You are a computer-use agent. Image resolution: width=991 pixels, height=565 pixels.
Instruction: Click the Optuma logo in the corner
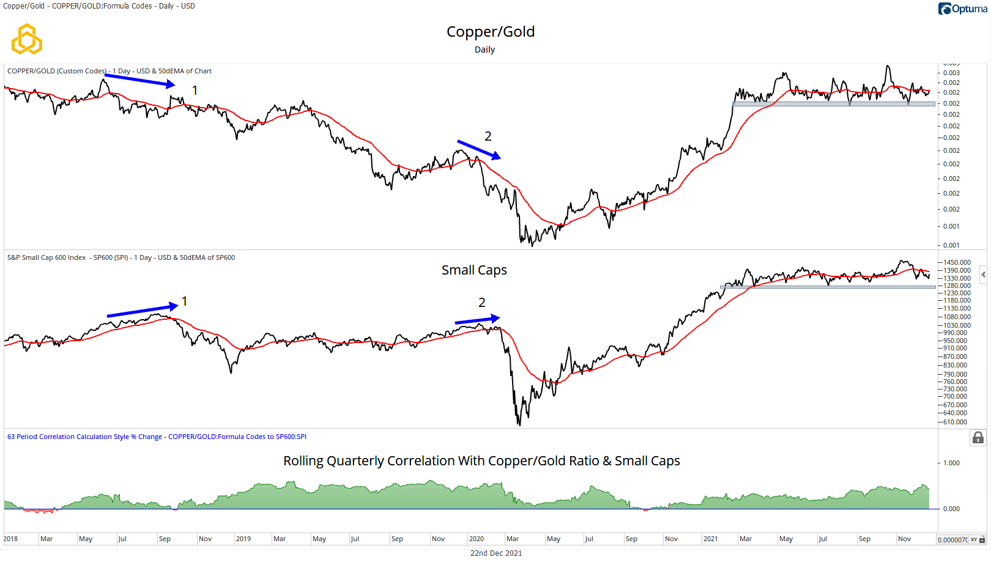pyautogui.click(x=962, y=9)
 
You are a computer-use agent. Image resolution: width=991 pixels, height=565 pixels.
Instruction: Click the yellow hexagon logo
pyautogui.click(x=27, y=40)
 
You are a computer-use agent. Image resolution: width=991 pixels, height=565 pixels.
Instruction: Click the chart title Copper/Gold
pyautogui.click(x=490, y=32)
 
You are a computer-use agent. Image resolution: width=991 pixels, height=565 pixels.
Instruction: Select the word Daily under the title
pyautogui.click(x=484, y=50)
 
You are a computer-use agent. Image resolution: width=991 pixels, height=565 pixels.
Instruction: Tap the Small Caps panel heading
pyautogui.click(x=474, y=270)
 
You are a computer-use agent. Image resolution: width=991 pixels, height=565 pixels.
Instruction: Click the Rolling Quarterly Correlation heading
pyautogui.click(x=481, y=461)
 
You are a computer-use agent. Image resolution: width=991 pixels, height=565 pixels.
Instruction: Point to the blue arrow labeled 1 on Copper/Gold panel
pyautogui.click(x=139, y=80)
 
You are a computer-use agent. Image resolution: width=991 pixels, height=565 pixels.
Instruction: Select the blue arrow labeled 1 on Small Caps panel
pyautogui.click(x=142, y=311)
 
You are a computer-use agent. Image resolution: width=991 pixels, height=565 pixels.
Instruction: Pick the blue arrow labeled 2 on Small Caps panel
pyautogui.click(x=477, y=320)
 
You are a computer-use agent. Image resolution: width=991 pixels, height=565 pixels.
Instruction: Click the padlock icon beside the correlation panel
pyautogui.click(x=978, y=438)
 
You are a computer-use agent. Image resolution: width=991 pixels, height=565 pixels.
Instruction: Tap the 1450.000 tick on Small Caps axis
pyautogui.click(x=957, y=262)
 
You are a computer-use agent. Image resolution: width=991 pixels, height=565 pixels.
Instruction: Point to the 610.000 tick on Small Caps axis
pyautogui.click(x=956, y=422)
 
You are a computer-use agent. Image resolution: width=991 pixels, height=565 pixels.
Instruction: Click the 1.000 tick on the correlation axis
pyautogui.click(x=951, y=463)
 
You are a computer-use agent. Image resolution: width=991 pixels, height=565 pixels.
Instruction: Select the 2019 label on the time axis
pyautogui.click(x=243, y=539)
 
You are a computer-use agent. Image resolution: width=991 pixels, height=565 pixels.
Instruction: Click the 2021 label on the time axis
pyautogui.click(x=710, y=539)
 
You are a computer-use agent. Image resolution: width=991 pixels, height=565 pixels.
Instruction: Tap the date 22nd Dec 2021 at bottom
pyautogui.click(x=495, y=553)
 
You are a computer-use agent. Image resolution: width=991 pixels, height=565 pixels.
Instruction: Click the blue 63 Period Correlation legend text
pyautogui.click(x=157, y=437)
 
